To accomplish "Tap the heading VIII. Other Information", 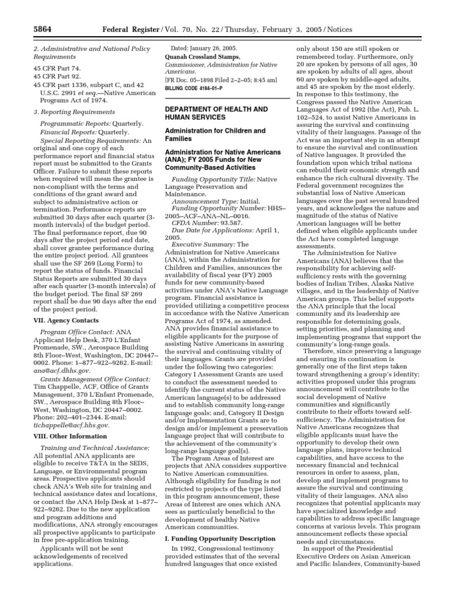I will (65, 436).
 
